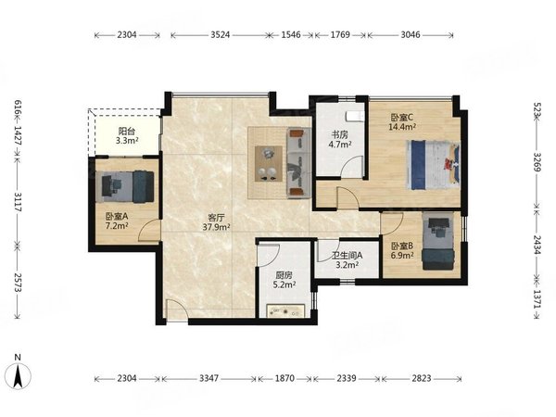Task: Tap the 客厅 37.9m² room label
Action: click(x=216, y=222)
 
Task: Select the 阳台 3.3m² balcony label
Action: click(x=127, y=136)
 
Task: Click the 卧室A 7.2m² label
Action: click(x=117, y=221)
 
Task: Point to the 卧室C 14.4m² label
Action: click(x=402, y=122)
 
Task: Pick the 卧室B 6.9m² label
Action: click(x=402, y=250)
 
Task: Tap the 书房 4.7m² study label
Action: click(x=340, y=139)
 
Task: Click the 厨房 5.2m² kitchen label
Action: click(x=284, y=280)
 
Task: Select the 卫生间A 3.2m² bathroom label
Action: click(x=347, y=259)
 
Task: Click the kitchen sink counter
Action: click(x=285, y=311)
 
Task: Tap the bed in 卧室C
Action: click(x=434, y=165)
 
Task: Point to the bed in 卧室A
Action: click(x=125, y=187)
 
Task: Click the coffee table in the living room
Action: click(x=269, y=163)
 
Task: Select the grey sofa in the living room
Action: click(x=299, y=162)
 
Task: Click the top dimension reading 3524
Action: click(x=221, y=35)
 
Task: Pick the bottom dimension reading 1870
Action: click(x=284, y=379)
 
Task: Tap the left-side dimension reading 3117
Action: click(x=18, y=202)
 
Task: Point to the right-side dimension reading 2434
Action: click(x=537, y=245)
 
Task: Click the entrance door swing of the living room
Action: click(x=177, y=311)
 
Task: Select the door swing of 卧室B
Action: click(x=391, y=223)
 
